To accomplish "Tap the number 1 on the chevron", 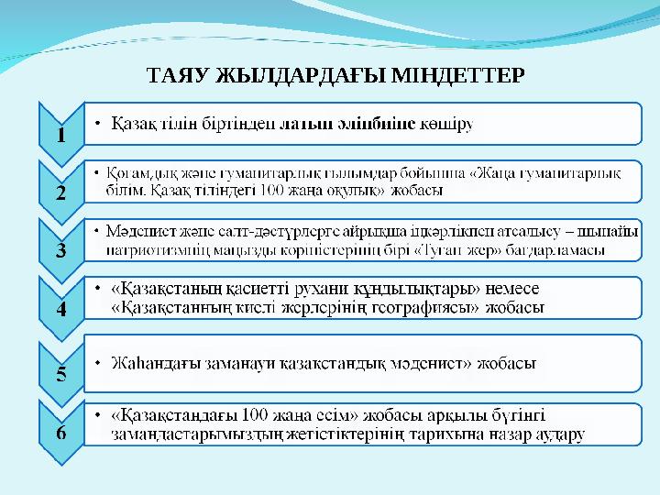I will [x=60, y=135].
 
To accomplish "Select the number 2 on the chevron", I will [x=60, y=193].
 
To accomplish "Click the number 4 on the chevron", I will [x=60, y=310].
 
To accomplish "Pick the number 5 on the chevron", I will [x=60, y=373].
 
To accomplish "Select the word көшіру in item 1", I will [x=447, y=124].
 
